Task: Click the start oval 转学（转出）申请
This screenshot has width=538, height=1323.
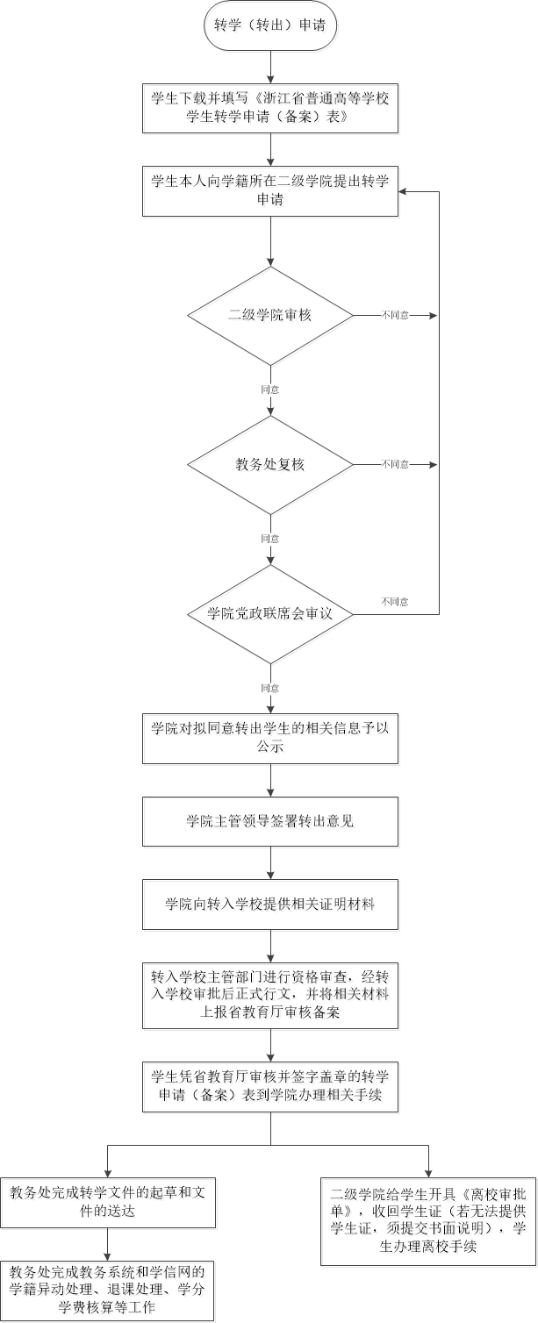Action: coord(270,25)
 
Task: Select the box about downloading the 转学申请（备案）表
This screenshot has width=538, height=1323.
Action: coord(270,108)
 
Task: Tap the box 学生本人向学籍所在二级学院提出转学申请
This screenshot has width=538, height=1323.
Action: coord(270,191)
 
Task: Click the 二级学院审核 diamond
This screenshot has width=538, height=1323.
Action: coord(270,315)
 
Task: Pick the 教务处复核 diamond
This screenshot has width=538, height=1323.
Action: coord(270,465)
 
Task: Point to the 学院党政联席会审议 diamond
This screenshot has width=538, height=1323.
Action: coord(270,614)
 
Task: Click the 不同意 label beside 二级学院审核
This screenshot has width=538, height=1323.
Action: coord(395,315)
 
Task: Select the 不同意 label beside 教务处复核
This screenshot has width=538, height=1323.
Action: coord(395,465)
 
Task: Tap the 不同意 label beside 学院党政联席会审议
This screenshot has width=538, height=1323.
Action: coord(395,602)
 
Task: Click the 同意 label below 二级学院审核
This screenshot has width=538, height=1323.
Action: coord(270,390)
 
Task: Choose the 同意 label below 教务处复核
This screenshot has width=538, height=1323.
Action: coord(270,539)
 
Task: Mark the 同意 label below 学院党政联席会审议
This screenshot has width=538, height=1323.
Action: coord(270,688)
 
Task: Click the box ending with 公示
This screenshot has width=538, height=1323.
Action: coord(270,739)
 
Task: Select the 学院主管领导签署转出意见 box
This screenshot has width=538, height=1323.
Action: coord(270,821)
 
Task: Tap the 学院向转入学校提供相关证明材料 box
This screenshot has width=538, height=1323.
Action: coord(270,905)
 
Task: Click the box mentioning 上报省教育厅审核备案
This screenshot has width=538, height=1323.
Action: coord(270,996)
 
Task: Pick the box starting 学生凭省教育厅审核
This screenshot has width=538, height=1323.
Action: coord(270,1087)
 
